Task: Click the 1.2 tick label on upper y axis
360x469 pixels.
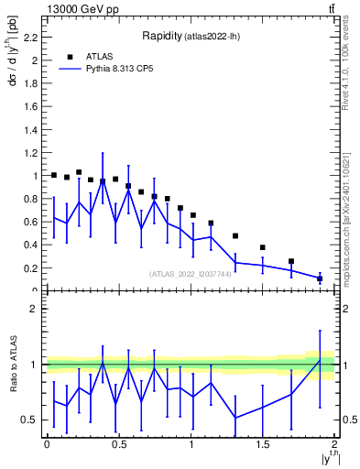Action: [33, 153]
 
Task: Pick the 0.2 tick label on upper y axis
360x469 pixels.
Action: [33, 268]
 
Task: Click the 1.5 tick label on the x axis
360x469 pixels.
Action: [263, 445]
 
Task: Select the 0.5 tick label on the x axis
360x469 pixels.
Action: [118, 445]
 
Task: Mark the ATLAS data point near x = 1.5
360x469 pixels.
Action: [263, 247]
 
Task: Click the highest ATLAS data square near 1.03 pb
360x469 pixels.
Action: [79, 172]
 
